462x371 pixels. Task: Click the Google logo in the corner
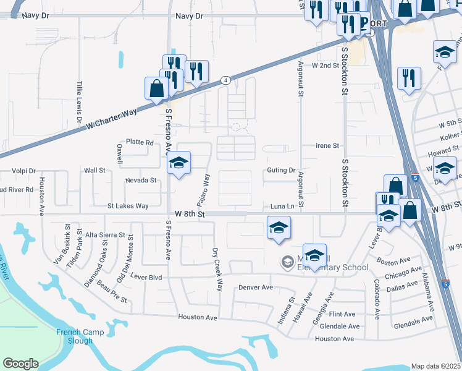coord(20,364)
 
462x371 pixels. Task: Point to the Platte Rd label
coord(140,142)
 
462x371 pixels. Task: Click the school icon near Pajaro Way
coord(179,164)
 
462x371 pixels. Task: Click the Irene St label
coord(327,146)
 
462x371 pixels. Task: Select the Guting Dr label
coord(282,170)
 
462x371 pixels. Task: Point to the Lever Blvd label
coord(146,278)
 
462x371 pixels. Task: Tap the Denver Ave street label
coord(256,288)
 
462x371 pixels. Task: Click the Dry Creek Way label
coord(217,270)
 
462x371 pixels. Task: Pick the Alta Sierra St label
coord(105,236)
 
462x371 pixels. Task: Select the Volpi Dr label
coord(24,170)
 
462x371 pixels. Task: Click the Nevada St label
coord(141,181)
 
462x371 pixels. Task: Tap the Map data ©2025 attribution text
coord(436,366)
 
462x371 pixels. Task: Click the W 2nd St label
coord(325,65)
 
